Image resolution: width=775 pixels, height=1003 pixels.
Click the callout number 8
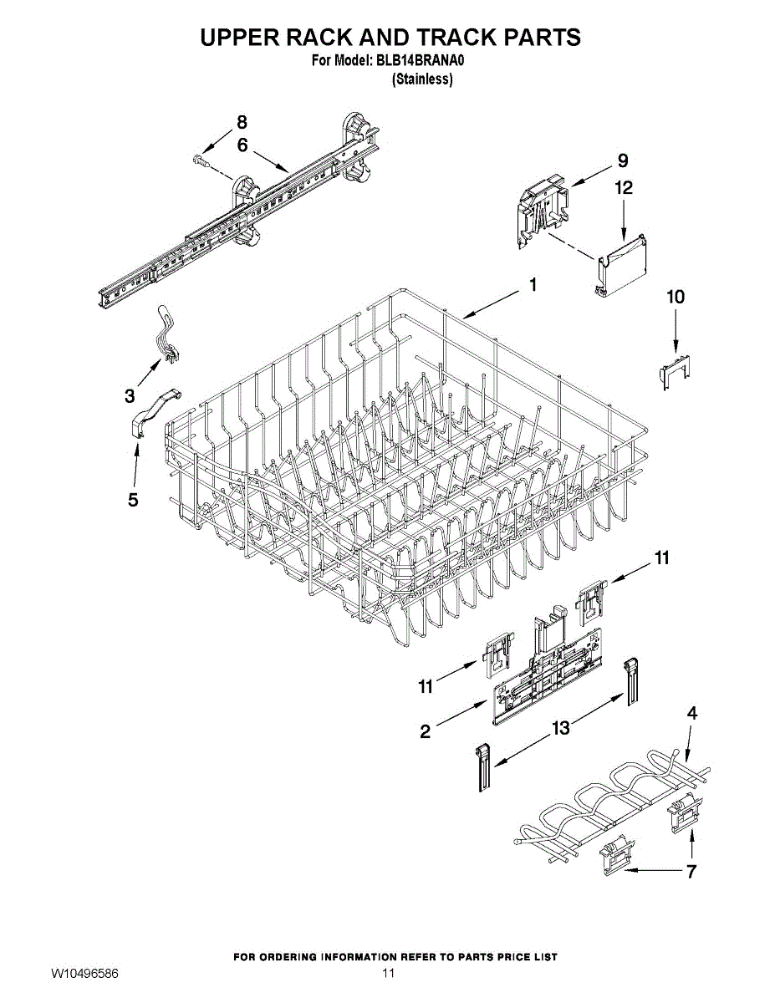(x=242, y=121)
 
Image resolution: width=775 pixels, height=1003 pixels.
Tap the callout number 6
(x=242, y=145)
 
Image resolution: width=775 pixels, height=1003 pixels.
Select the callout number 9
(x=623, y=160)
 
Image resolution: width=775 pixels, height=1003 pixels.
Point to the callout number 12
(x=624, y=189)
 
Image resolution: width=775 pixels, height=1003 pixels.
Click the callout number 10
(x=675, y=297)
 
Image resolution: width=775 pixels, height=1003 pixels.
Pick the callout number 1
(x=533, y=285)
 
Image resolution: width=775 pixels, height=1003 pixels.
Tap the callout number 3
(x=130, y=395)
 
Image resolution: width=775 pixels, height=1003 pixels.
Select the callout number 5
(x=133, y=500)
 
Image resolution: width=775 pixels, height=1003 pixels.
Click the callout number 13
(x=560, y=728)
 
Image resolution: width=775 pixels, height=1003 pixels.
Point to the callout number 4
(x=691, y=713)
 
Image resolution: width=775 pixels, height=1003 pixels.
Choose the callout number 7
(x=691, y=873)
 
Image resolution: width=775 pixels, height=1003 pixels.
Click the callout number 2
(x=426, y=732)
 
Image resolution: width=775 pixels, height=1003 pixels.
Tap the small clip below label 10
(x=674, y=369)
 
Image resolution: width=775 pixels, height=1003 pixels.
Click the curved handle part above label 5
(x=156, y=410)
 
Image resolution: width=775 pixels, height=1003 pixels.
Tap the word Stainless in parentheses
(x=422, y=79)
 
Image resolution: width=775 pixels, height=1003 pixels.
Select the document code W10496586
(x=84, y=974)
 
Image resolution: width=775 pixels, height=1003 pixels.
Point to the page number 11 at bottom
(x=387, y=974)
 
